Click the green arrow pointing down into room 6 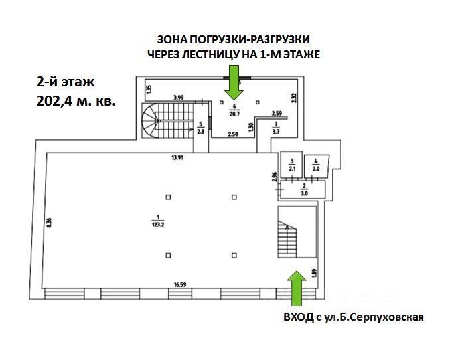[x=234, y=82]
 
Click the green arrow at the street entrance [x=297, y=288]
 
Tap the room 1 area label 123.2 [x=158, y=224]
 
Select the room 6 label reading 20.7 [x=234, y=114]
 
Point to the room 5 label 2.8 [x=201, y=131]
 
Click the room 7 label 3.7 [x=276, y=131]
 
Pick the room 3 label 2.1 [x=292, y=169]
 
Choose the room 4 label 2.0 [x=316, y=169]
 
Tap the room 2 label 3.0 [x=304, y=193]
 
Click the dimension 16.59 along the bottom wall [x=180, y=285]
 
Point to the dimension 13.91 [x=177, y=158]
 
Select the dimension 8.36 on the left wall [x=49, y=223]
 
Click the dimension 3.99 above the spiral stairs [x=179, y=98]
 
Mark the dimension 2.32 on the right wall [x=293, y=98]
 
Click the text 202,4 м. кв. [x=76, y=101]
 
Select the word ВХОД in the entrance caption [x=299, y=317]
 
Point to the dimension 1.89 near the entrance [x=313, y=273]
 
